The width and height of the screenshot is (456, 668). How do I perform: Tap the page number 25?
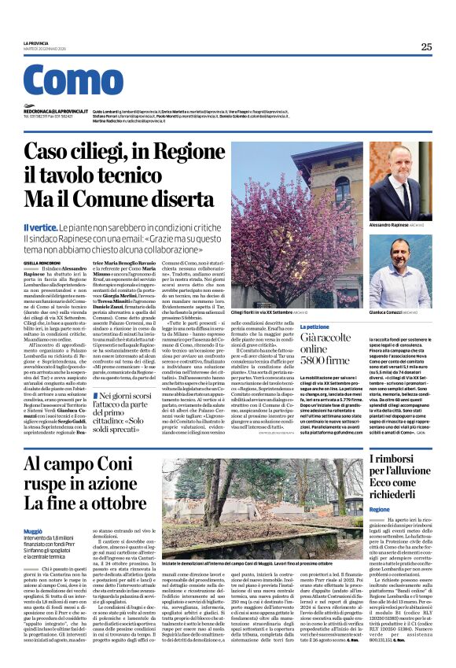point(426,46)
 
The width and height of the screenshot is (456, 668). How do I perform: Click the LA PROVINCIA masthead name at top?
point(36,42)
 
